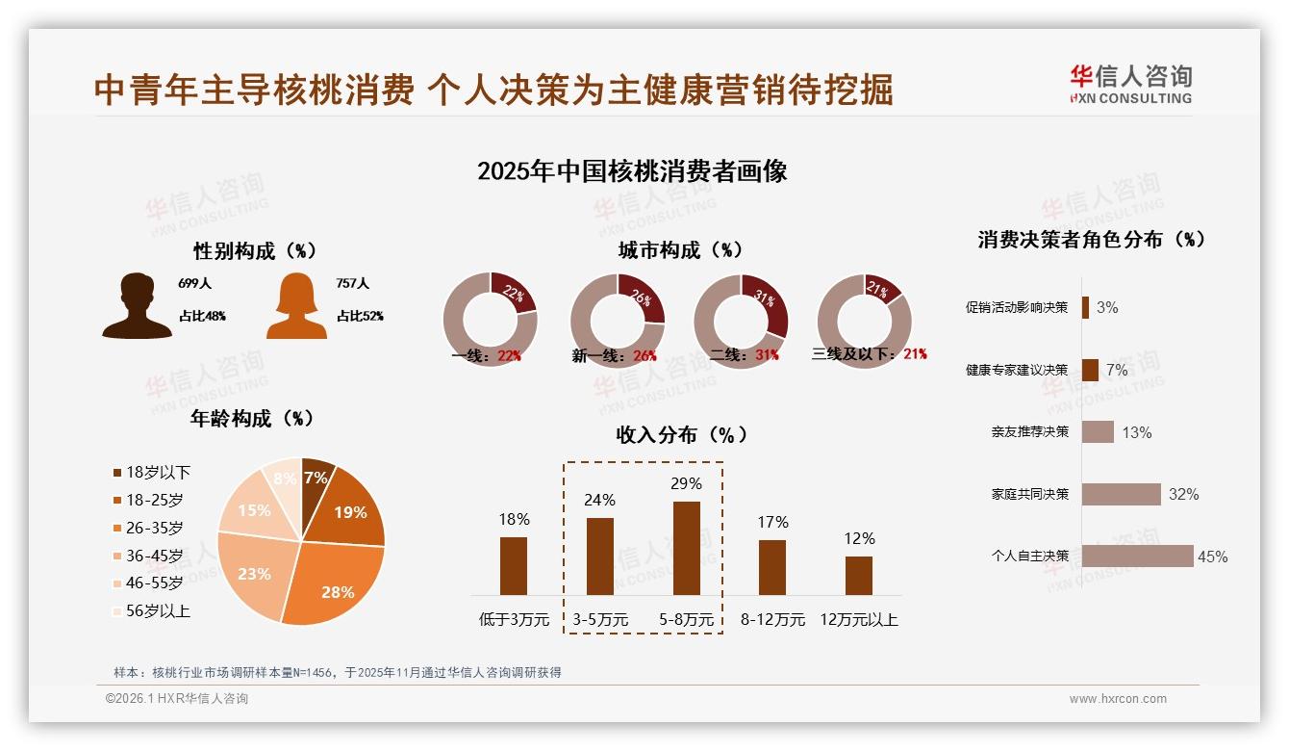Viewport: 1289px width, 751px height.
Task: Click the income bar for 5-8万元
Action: click(686, 548)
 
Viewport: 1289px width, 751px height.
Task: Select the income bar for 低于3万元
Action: click(514, 566)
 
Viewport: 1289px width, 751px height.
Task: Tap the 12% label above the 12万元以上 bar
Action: click(859, 538)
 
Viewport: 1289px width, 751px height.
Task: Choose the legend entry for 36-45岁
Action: click(148, 556)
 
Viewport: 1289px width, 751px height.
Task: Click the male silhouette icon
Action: click(137, 306)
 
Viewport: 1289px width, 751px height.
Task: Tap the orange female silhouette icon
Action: click(296, 306)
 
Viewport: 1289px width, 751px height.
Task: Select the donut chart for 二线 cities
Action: click(741, 321)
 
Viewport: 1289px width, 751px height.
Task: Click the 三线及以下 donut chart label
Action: click(869, 354)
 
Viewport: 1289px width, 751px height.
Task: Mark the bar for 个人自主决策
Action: click(1137, 557)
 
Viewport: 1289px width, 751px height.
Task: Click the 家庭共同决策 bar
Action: click(1121, 494)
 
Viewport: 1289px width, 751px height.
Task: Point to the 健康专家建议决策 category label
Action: click(1017, 370)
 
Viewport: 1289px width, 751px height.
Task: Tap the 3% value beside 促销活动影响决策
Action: click(1107, 308)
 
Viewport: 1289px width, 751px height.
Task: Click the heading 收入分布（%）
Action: click(681, 434)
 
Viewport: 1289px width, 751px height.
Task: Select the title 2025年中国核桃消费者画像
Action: click(632, 171)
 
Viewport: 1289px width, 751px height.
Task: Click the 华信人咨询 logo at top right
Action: click(1130, 84)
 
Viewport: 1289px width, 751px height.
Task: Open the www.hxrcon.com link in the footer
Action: click(1118, 699)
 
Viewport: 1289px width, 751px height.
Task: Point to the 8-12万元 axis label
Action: click(772, 620)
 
